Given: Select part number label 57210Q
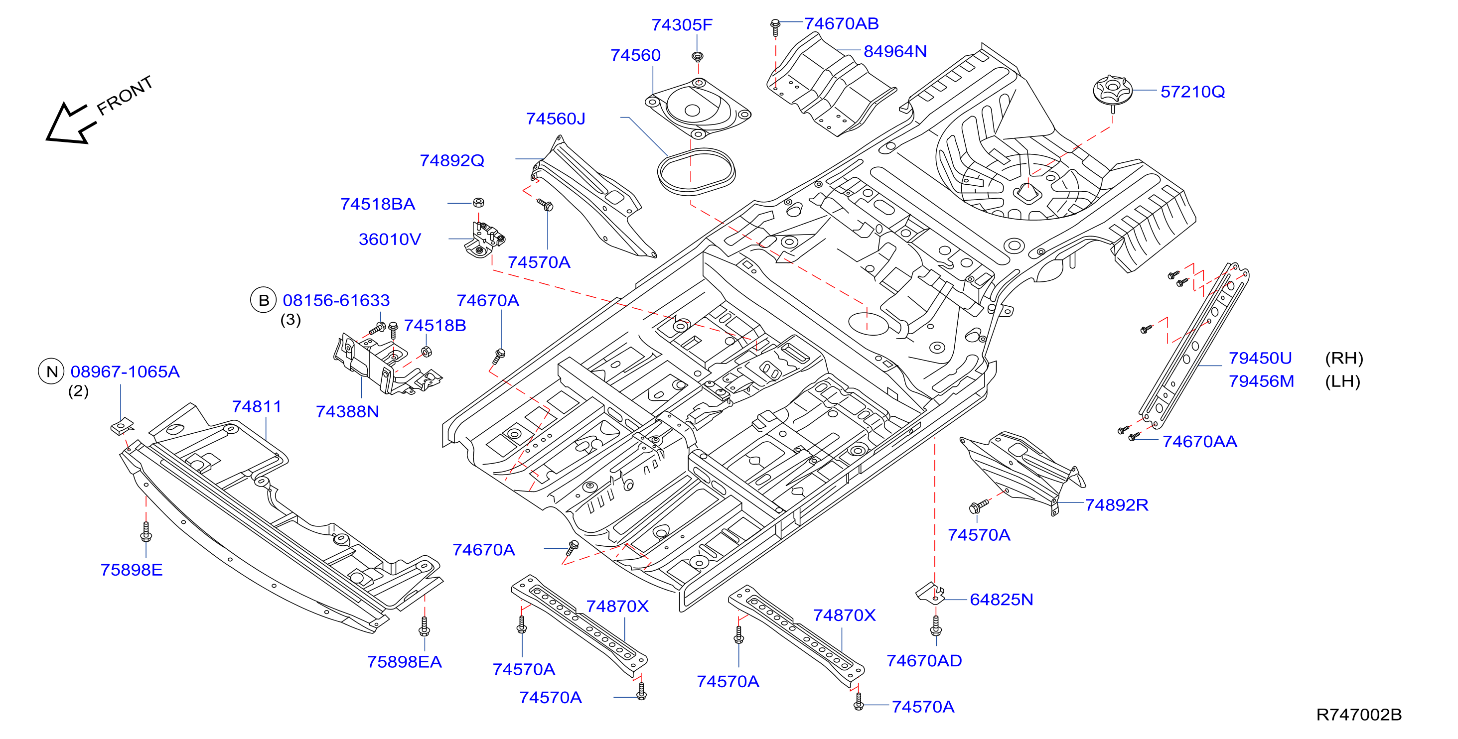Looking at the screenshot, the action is tap(1192, 92).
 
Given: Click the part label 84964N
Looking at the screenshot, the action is tap(895, 51).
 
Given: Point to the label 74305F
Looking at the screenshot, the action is tap(682, 25).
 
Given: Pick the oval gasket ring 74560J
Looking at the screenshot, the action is tap(696, 171).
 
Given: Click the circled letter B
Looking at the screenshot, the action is tap(263, 300).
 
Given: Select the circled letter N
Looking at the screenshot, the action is tap(51, 372).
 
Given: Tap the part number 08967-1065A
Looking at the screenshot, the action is tap(125, 372).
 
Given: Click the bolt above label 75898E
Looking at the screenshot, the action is tap(146, 532).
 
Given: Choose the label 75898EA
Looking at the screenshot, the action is tap(404, 662).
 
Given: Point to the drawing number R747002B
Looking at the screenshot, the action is tap(1359, 715).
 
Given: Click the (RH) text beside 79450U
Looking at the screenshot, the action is tap(1344, 358).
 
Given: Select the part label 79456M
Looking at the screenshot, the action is tap(1261, 381).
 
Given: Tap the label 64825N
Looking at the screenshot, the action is tap(1001, 600).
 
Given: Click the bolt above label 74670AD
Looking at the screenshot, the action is tap(936, 625).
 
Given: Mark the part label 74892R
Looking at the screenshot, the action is tap(1116, 505).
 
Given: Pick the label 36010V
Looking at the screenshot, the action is tap(390, 240).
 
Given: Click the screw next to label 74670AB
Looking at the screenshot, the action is tap(775, 27).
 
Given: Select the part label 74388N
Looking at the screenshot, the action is tap(347, 412).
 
